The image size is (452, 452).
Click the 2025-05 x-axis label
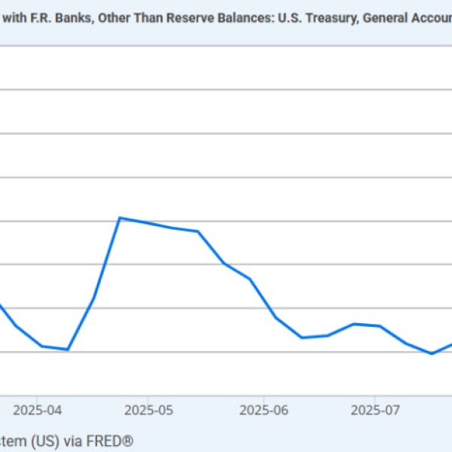click(x=148, y=411)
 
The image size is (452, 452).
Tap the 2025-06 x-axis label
click(x=263, y=411)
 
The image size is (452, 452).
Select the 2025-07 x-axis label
click(x=375, y=411)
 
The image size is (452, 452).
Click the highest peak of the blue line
click(x=120, y=218)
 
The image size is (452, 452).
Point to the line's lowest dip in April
click(x=68, y=350)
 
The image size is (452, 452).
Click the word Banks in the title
click(x=75, y=18)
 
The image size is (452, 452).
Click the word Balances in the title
click(x=226, y=18)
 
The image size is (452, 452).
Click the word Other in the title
click(x=112, y=18)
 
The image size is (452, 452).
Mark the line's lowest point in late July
click(x=432, y=353)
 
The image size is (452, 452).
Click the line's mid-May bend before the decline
click(x=198, y=231)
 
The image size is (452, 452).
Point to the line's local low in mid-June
click(x=301, y=337)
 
